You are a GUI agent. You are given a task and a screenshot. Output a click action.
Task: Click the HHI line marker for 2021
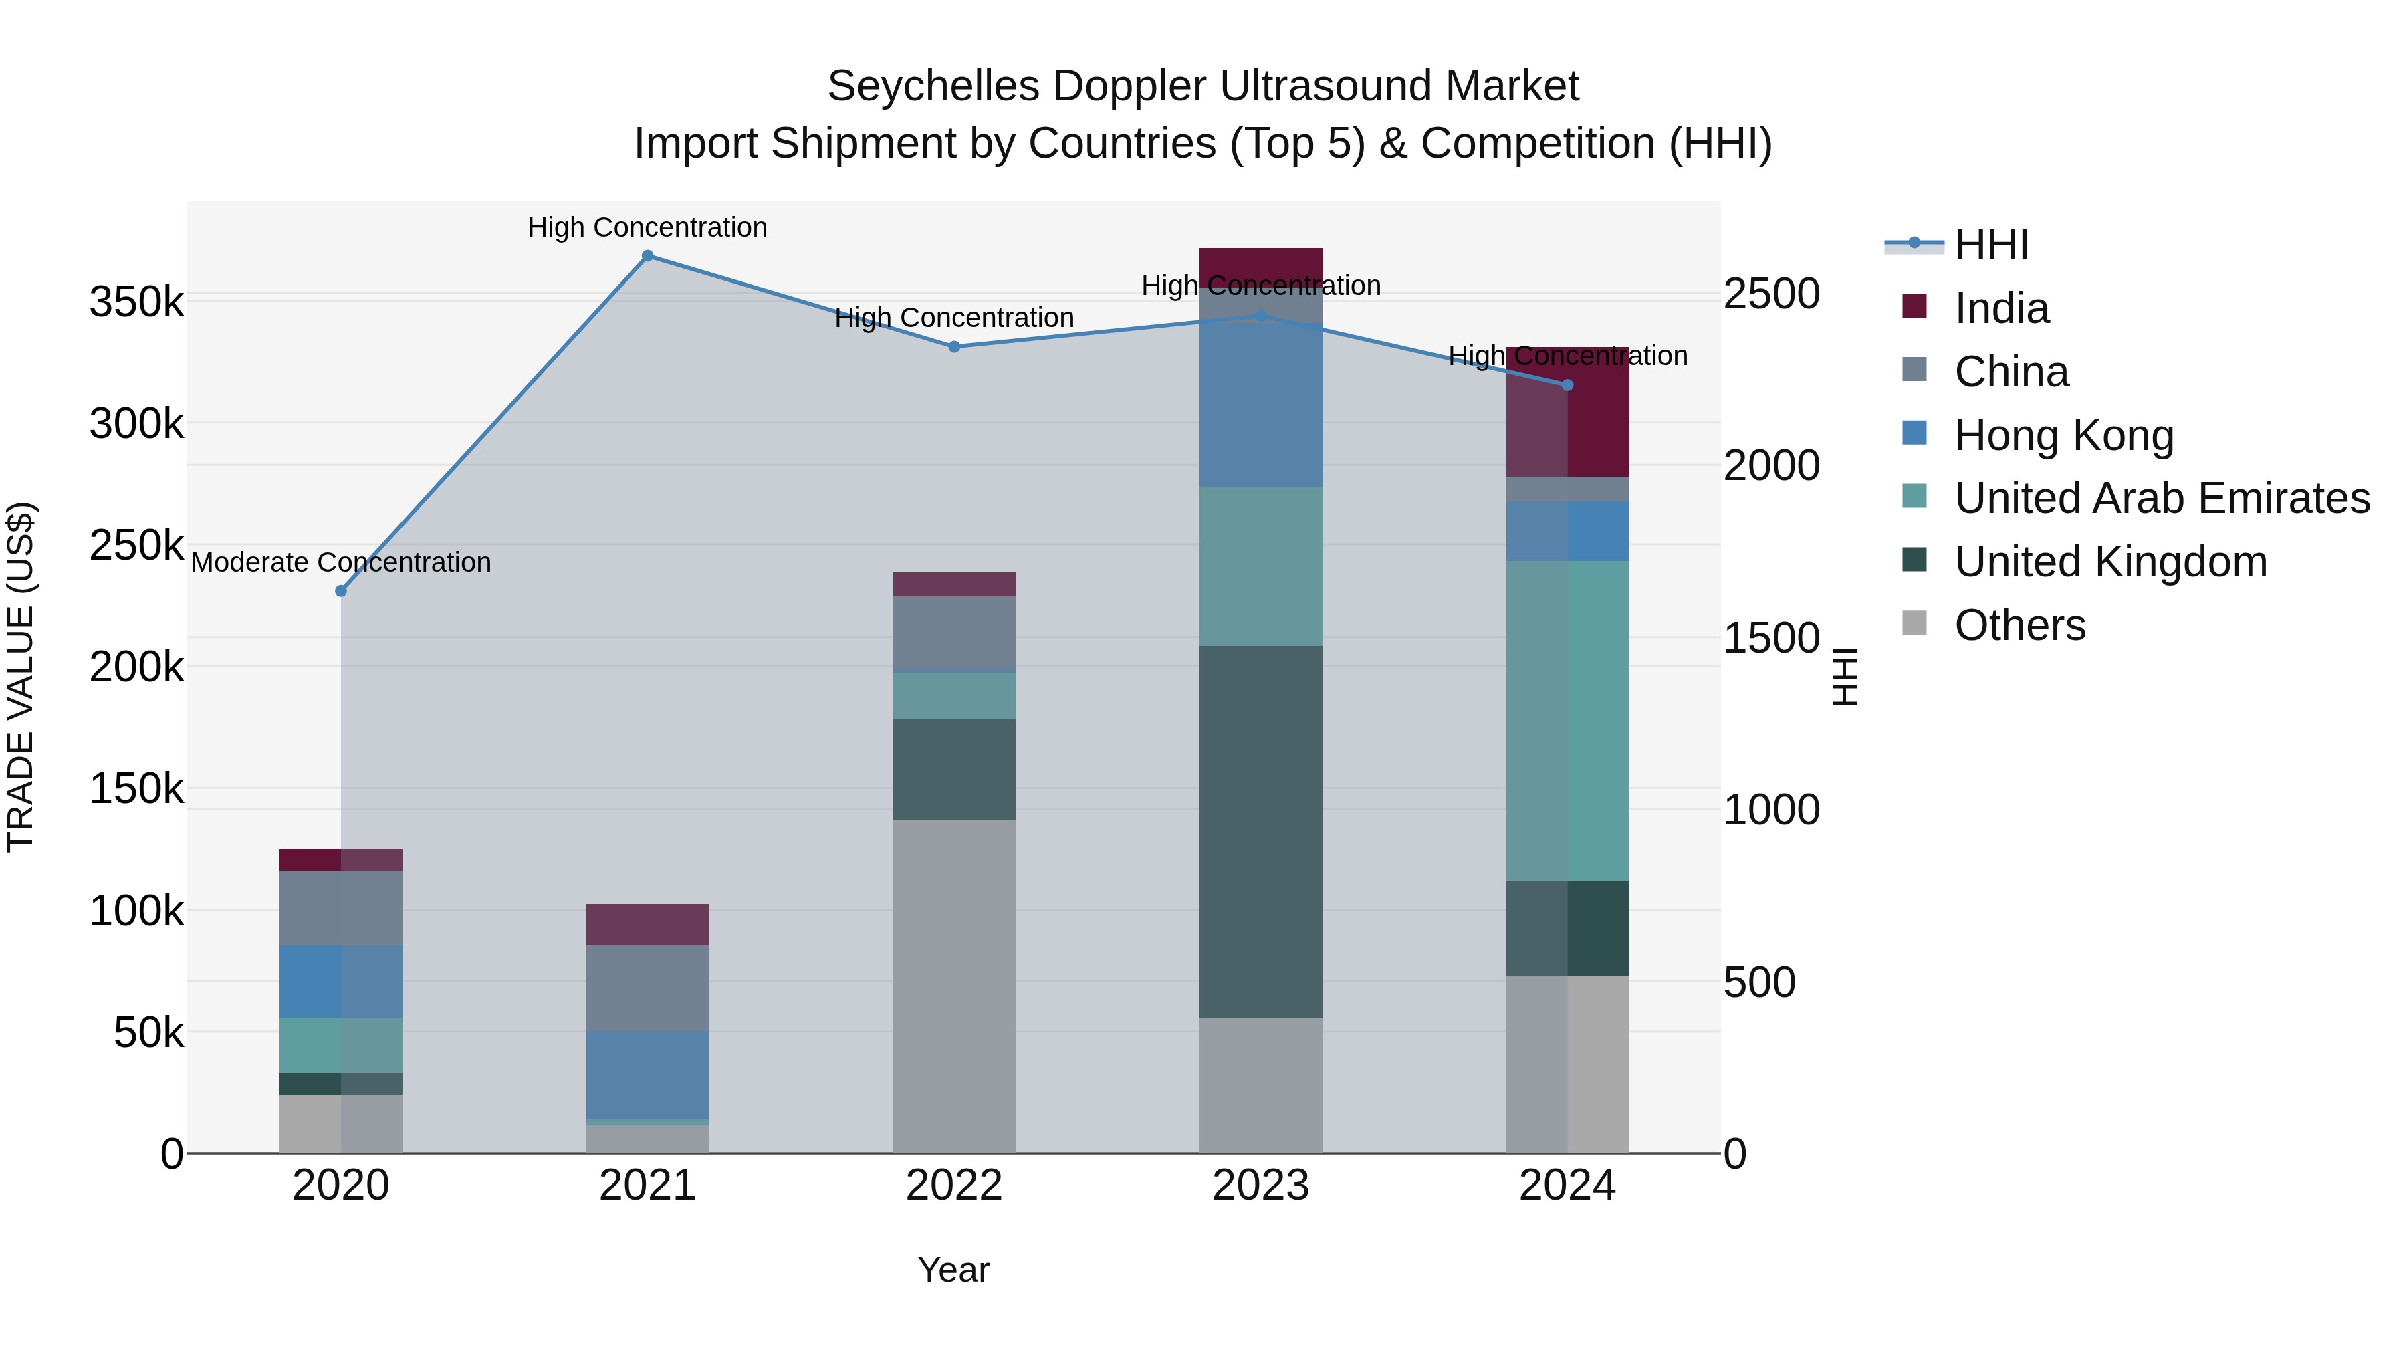point(647,256)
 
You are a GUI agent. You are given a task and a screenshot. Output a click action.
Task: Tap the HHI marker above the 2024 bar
point(1568,385)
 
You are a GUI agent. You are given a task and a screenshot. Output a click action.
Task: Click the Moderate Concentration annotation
point(341,562)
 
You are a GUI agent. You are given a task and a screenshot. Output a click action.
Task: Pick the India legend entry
point(2000,308)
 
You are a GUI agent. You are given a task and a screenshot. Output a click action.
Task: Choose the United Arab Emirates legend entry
point(2161,498)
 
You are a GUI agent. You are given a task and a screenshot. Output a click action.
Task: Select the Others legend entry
point(2019,625)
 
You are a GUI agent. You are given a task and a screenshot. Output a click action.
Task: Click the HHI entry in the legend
point(1990,245)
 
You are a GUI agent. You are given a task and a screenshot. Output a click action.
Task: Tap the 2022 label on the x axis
point(954,1186)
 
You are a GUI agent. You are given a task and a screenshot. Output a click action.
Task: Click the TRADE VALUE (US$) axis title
point(21,677)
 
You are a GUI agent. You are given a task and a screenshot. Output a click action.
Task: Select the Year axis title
point(953,1270)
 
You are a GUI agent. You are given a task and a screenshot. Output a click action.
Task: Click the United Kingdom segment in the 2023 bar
point(1260,832)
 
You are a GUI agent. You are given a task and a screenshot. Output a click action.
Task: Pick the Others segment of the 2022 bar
point(954,986)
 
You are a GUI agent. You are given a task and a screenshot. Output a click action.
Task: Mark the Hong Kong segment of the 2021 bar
point(647,1075)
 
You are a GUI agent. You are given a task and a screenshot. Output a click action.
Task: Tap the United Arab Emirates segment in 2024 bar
point(1568,720)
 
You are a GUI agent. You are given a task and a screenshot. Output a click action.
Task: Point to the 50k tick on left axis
point(148,1032)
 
